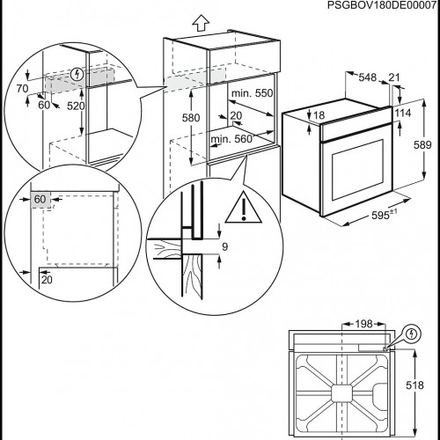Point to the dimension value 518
[426, 385]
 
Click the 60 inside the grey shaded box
[40, 200]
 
